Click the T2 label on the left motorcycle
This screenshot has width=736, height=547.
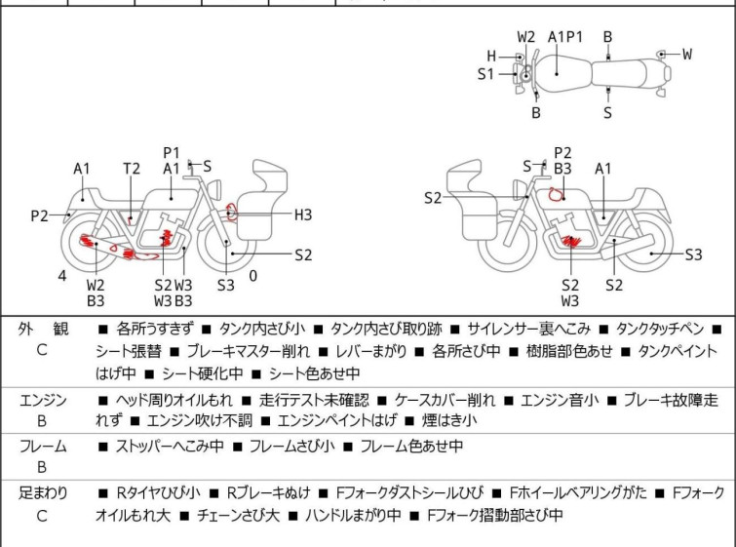point(131,169)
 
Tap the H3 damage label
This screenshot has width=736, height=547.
point(303,215)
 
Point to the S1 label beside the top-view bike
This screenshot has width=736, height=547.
point(485,73)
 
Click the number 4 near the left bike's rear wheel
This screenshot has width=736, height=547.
point(61,276)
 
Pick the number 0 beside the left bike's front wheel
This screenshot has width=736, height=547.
point(252,276)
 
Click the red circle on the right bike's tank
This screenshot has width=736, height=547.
point(556,193)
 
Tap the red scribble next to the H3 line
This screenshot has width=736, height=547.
point(230,210)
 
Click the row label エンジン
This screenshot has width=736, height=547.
point(43,400)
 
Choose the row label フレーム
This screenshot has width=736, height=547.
point(43,447)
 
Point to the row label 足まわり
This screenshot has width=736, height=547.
point(43,493)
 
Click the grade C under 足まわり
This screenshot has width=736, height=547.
point(42,516)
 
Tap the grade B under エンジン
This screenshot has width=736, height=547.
point(42,421)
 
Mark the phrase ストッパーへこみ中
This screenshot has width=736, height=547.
point(170,447)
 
